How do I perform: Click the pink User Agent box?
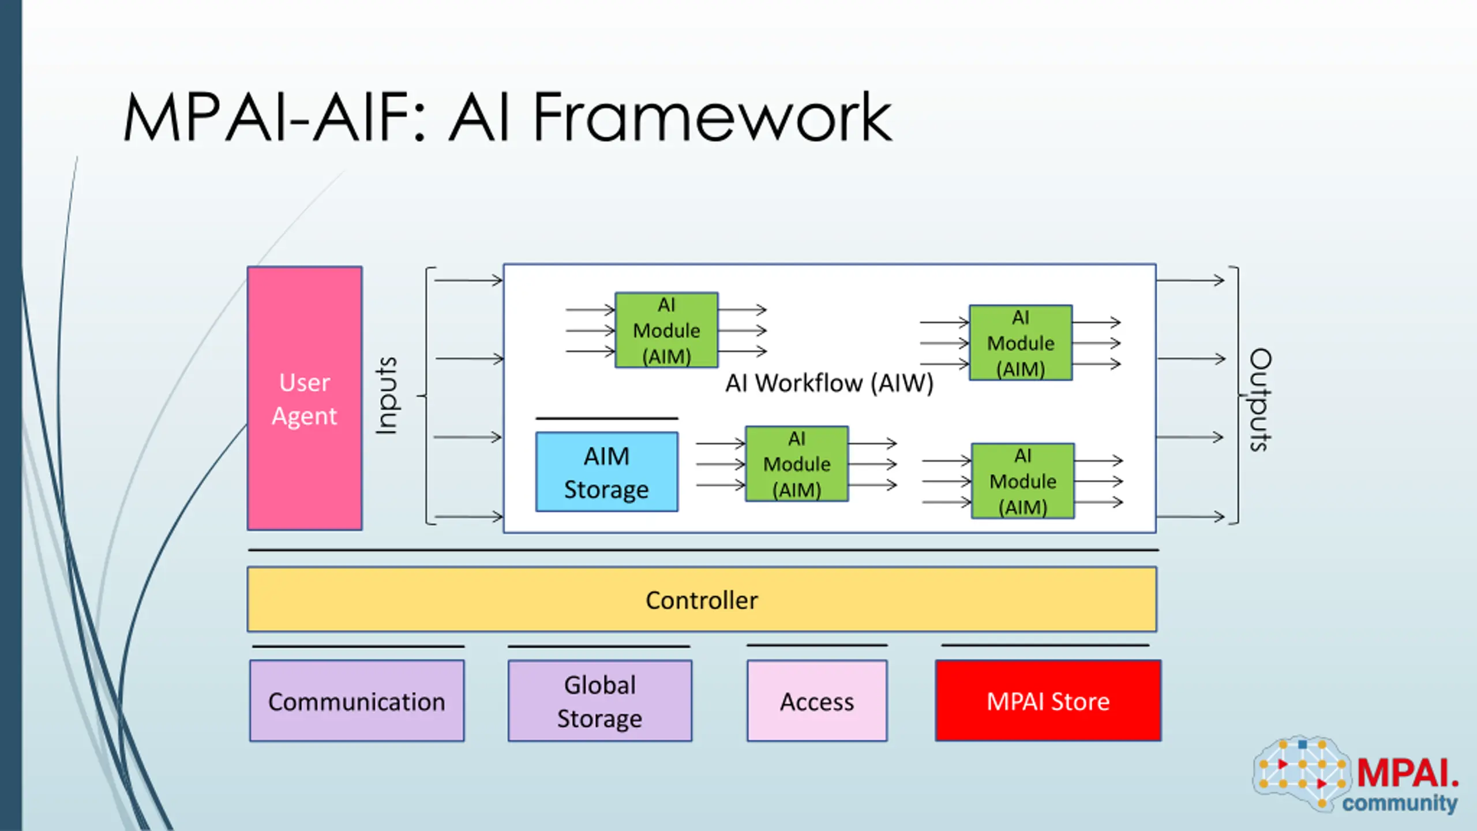coord(305,398)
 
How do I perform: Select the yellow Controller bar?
coord(702,600)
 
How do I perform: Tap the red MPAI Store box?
coord(1048,701)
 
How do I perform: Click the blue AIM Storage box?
coord(606,472)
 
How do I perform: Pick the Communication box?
coord(357,701)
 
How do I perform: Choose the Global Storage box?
coord(599,701)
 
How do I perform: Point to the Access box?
coord(817,701)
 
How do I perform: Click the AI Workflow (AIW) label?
coord(829,383)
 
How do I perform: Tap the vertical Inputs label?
coord(386,395)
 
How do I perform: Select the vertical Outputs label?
coord(1260,399)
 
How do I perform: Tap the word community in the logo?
coord(1400,803)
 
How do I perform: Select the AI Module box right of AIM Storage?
coord(797,464)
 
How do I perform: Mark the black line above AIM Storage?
coord(606,418)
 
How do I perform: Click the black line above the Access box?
coord(817,645)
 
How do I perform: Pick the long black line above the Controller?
coord(703,551)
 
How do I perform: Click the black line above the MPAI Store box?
coord(1045,645)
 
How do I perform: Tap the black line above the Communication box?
coord(358,646)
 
